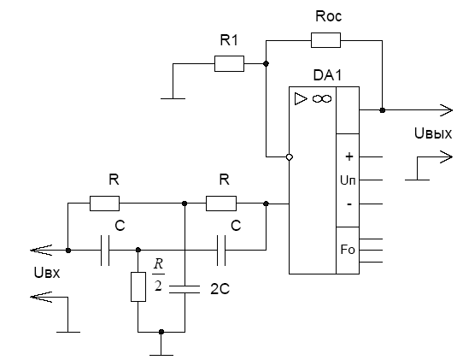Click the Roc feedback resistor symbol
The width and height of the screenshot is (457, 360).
(x=325, y=40)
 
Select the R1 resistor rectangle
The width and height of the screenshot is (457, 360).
(x=229, y=63)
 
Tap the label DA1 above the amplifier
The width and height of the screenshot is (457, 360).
(x=327, y=75)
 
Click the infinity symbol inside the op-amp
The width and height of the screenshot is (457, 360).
(x=322, y=99)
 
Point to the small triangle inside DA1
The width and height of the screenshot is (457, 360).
(x=301, y=99)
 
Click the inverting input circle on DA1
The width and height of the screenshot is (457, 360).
(x=289, y=157)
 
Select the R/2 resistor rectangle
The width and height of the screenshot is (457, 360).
(x=138, y=286)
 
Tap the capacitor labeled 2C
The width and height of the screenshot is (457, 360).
(x=185, y=289)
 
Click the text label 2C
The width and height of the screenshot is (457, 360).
(x=220, y=289)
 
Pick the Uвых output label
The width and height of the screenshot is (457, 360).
(x=433, y=134)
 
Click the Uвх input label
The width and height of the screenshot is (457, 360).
(x=47, y=273)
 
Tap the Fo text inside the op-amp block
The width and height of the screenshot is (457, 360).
(x=348, y=250)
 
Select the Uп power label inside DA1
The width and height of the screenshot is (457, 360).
(x=348, y=180)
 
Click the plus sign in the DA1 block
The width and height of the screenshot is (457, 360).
(x=349, y=156)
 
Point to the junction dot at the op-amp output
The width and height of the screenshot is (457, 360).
(x=383, y=110)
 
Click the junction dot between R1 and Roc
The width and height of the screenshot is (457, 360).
(x=266, y=63)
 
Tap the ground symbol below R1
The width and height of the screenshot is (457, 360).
(x=173, y=98)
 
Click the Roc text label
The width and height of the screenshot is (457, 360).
(x=329, y=16)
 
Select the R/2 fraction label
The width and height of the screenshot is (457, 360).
(x=158, y=274)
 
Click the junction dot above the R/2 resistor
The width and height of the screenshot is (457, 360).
(x=138, y=250)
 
